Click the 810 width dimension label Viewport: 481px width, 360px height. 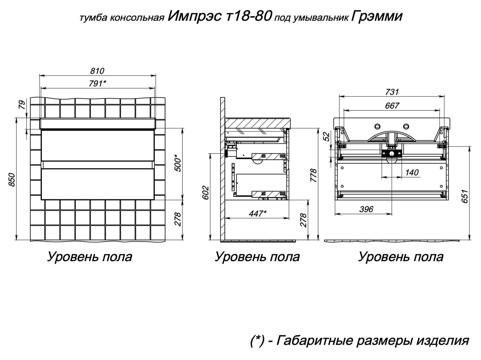coord(97,71)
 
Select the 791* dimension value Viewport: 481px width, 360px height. coord(98,83)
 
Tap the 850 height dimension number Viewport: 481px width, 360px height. coord(12,180)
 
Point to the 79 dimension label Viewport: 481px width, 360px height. coord(22,104)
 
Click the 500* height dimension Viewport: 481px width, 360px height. coord(178,163)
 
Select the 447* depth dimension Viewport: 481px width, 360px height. coord(258,213)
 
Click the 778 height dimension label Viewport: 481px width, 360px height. coord(314,175)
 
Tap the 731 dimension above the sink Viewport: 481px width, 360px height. coord(392,92)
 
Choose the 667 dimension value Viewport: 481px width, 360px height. coord(392,106)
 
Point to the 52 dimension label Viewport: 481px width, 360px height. coord(327,137)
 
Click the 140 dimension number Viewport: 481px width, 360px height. coord(412,172)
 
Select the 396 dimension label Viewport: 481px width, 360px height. coord(366,209)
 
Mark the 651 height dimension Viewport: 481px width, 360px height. coord(465,196)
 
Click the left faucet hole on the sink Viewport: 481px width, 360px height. coord(378,126)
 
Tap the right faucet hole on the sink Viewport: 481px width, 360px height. coord(406,126)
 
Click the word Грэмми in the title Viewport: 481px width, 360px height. coord(377,17)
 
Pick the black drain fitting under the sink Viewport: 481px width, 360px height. coord(392,153)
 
